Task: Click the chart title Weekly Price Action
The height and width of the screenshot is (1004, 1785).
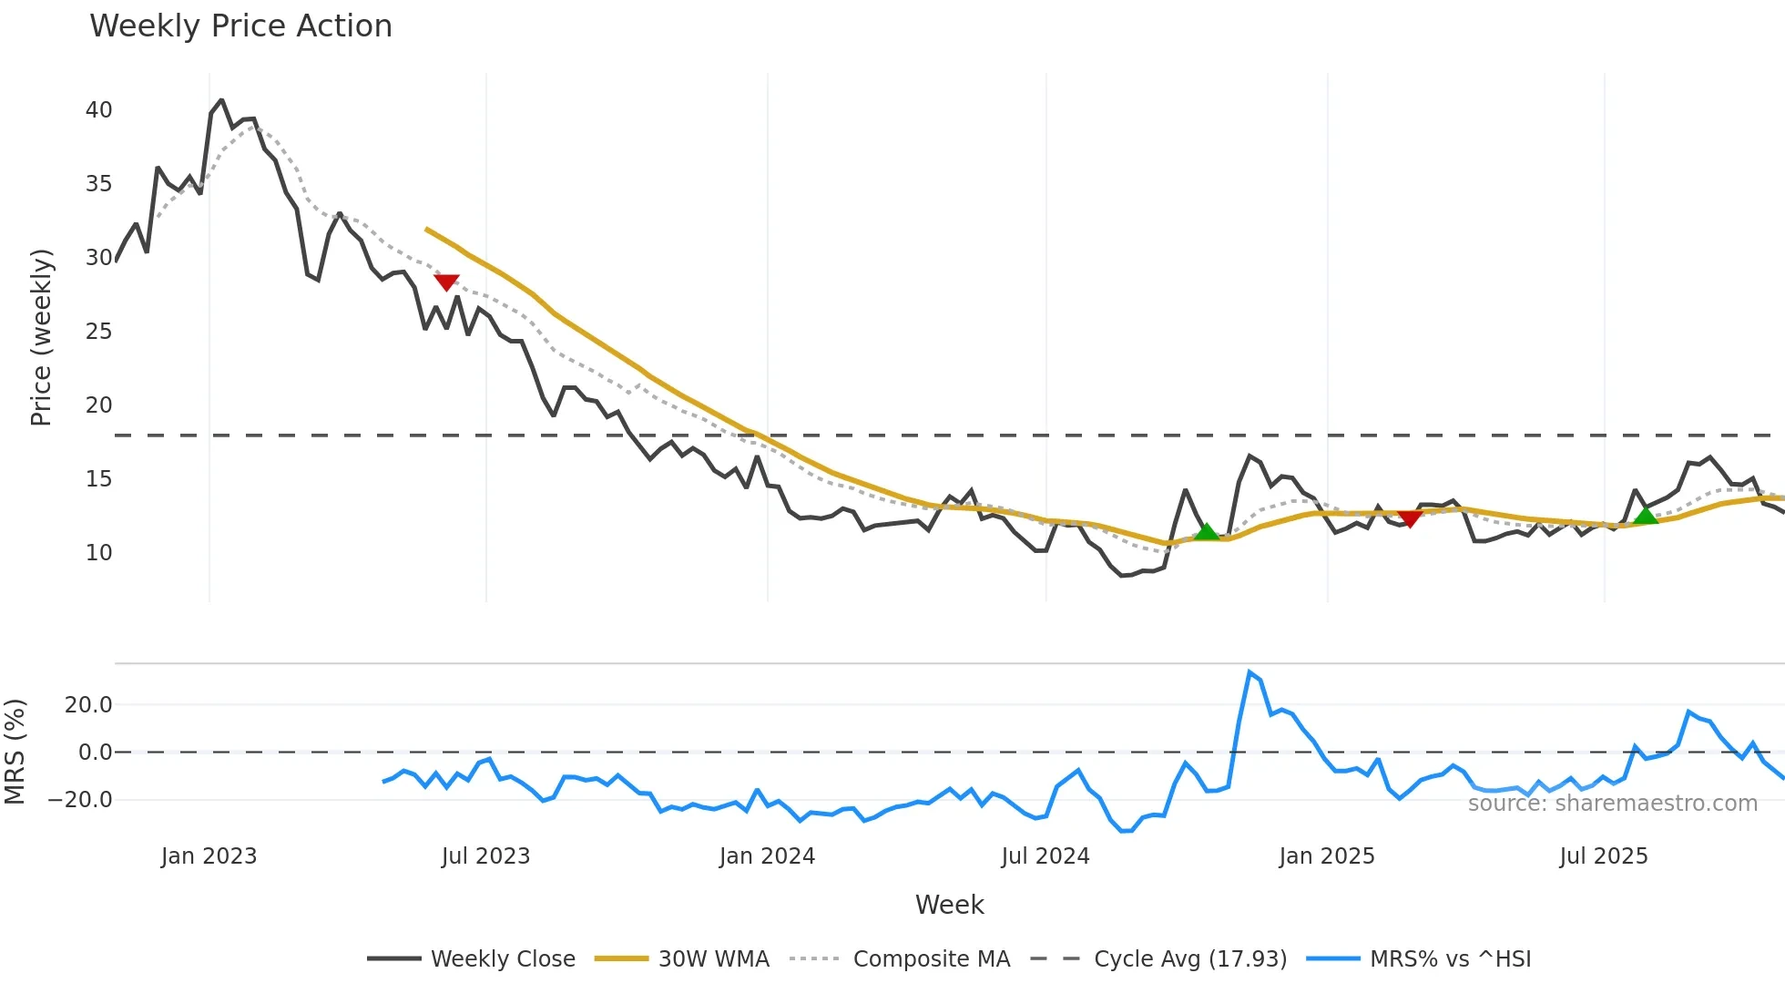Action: pyautogui.click(x=240, y=26)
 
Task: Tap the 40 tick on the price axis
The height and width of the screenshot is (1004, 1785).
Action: pyautogui.click(x=98, y=110)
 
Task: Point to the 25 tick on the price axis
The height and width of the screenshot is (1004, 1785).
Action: pyautogui.click(x=98, y=332)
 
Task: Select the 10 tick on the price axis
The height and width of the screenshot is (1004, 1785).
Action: pyautogui.click(x=98, y=553)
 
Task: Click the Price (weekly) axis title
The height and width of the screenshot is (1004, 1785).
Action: pyautogui.click(x=42, y=337)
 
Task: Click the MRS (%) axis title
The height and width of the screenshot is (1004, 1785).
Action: pyautogui.click(x=15, y=752)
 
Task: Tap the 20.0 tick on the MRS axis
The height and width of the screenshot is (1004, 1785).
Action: pyautogui.click(x=88, y=704)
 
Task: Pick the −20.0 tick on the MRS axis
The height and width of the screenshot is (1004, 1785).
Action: pyautogui.click(x=80, y=800)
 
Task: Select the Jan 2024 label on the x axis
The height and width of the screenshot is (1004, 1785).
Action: pyautogui.click(x=767, y=856)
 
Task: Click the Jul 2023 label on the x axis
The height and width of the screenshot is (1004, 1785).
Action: pyautogui.click(x=485, y=856)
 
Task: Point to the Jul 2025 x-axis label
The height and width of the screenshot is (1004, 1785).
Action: pyautogui.click(x=1603, y=856)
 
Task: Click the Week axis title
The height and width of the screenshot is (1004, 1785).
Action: pyautogui.click(x=949, y=905)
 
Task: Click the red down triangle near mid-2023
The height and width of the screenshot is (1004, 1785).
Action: pyautogui.click(x=446, y=282)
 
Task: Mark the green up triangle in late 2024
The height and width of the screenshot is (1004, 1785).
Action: pyautogui.click(x=1206, y=531)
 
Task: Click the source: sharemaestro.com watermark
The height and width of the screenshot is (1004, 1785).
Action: pyautogui.click(x=1612, y=804)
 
